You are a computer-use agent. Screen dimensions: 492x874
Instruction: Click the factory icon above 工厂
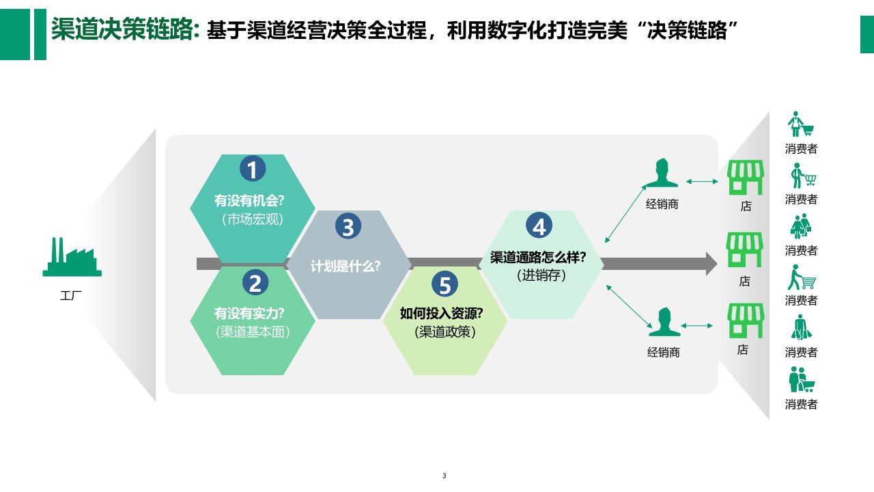(72, 258)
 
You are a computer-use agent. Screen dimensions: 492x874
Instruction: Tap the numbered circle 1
(253, 169)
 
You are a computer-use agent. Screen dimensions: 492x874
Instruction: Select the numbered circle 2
(255, 282)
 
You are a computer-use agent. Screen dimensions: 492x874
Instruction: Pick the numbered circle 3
(348, 227)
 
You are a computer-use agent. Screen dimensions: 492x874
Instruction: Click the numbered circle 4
(539, 226)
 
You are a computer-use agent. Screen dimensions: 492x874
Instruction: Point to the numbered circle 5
(445, 284)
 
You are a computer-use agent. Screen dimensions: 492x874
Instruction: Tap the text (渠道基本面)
(253, 332)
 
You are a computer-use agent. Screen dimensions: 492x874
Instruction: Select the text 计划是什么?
(346, 266)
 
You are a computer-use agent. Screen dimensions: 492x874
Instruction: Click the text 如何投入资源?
(442, 314)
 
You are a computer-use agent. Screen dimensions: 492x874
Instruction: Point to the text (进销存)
(541, 276)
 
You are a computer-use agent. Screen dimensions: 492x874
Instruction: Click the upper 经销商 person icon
(662, 174)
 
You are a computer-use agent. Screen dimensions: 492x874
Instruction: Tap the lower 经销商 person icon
(664, 323)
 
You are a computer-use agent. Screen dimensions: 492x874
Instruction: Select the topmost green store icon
(745, 178)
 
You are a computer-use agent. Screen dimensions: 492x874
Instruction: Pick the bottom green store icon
(744, 321)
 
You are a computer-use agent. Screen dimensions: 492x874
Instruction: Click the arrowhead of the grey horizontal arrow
(710, 264)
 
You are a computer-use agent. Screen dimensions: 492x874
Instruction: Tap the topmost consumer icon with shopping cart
(801, 126)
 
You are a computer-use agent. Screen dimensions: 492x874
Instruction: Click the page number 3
(444, 476)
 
